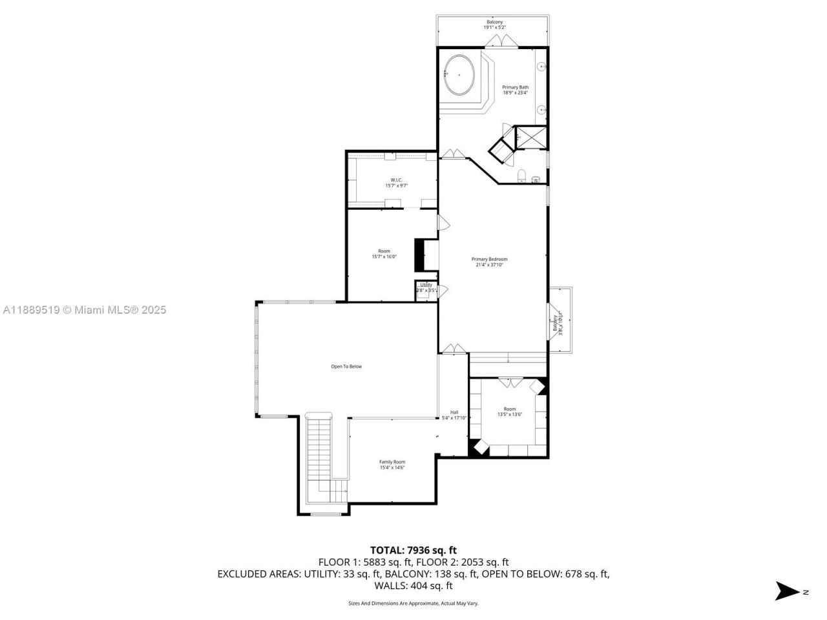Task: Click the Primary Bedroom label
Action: [x=489, y=262]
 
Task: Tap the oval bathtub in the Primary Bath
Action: [x=459, y=75]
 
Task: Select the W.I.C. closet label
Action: [x=396, y=183]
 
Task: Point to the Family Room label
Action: [x=392, y=464]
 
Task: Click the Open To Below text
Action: [x=346, y=367]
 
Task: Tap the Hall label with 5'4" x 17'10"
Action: [x=454, y=415]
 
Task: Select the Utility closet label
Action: [x=426, y=288]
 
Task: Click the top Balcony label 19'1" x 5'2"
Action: [x=494, y=25]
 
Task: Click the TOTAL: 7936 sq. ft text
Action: [x=413, y=550]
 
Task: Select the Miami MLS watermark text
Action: [x=85, y=310]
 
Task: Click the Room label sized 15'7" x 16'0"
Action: [x=384, y=254]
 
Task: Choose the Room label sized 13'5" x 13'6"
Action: [x=510, y=411]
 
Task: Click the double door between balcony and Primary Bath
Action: [x=502, y=42]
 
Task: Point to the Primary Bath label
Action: [x=515, y=90]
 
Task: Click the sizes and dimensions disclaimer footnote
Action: [x=413, y=603]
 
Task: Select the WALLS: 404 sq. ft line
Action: [x=413, y=586]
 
